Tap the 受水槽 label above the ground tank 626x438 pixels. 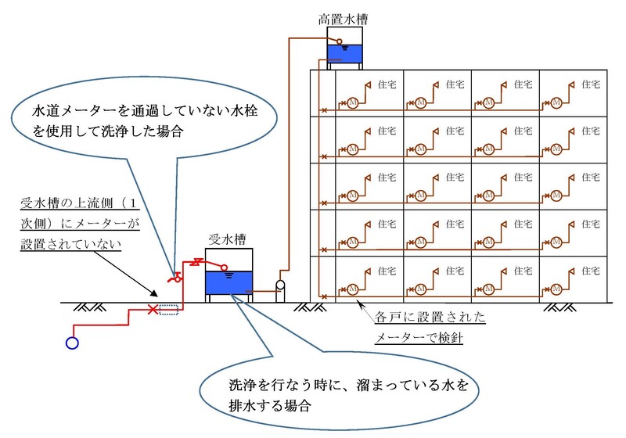coord(227,237)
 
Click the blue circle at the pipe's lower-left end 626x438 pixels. coord(73,343)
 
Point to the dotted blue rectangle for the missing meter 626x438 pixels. coord(168,310)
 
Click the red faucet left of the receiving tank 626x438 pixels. coord(177,275)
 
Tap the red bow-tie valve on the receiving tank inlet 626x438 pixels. coord(199,260)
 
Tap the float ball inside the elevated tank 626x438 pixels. coord(339,42)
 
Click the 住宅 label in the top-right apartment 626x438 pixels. coord(592,83)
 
